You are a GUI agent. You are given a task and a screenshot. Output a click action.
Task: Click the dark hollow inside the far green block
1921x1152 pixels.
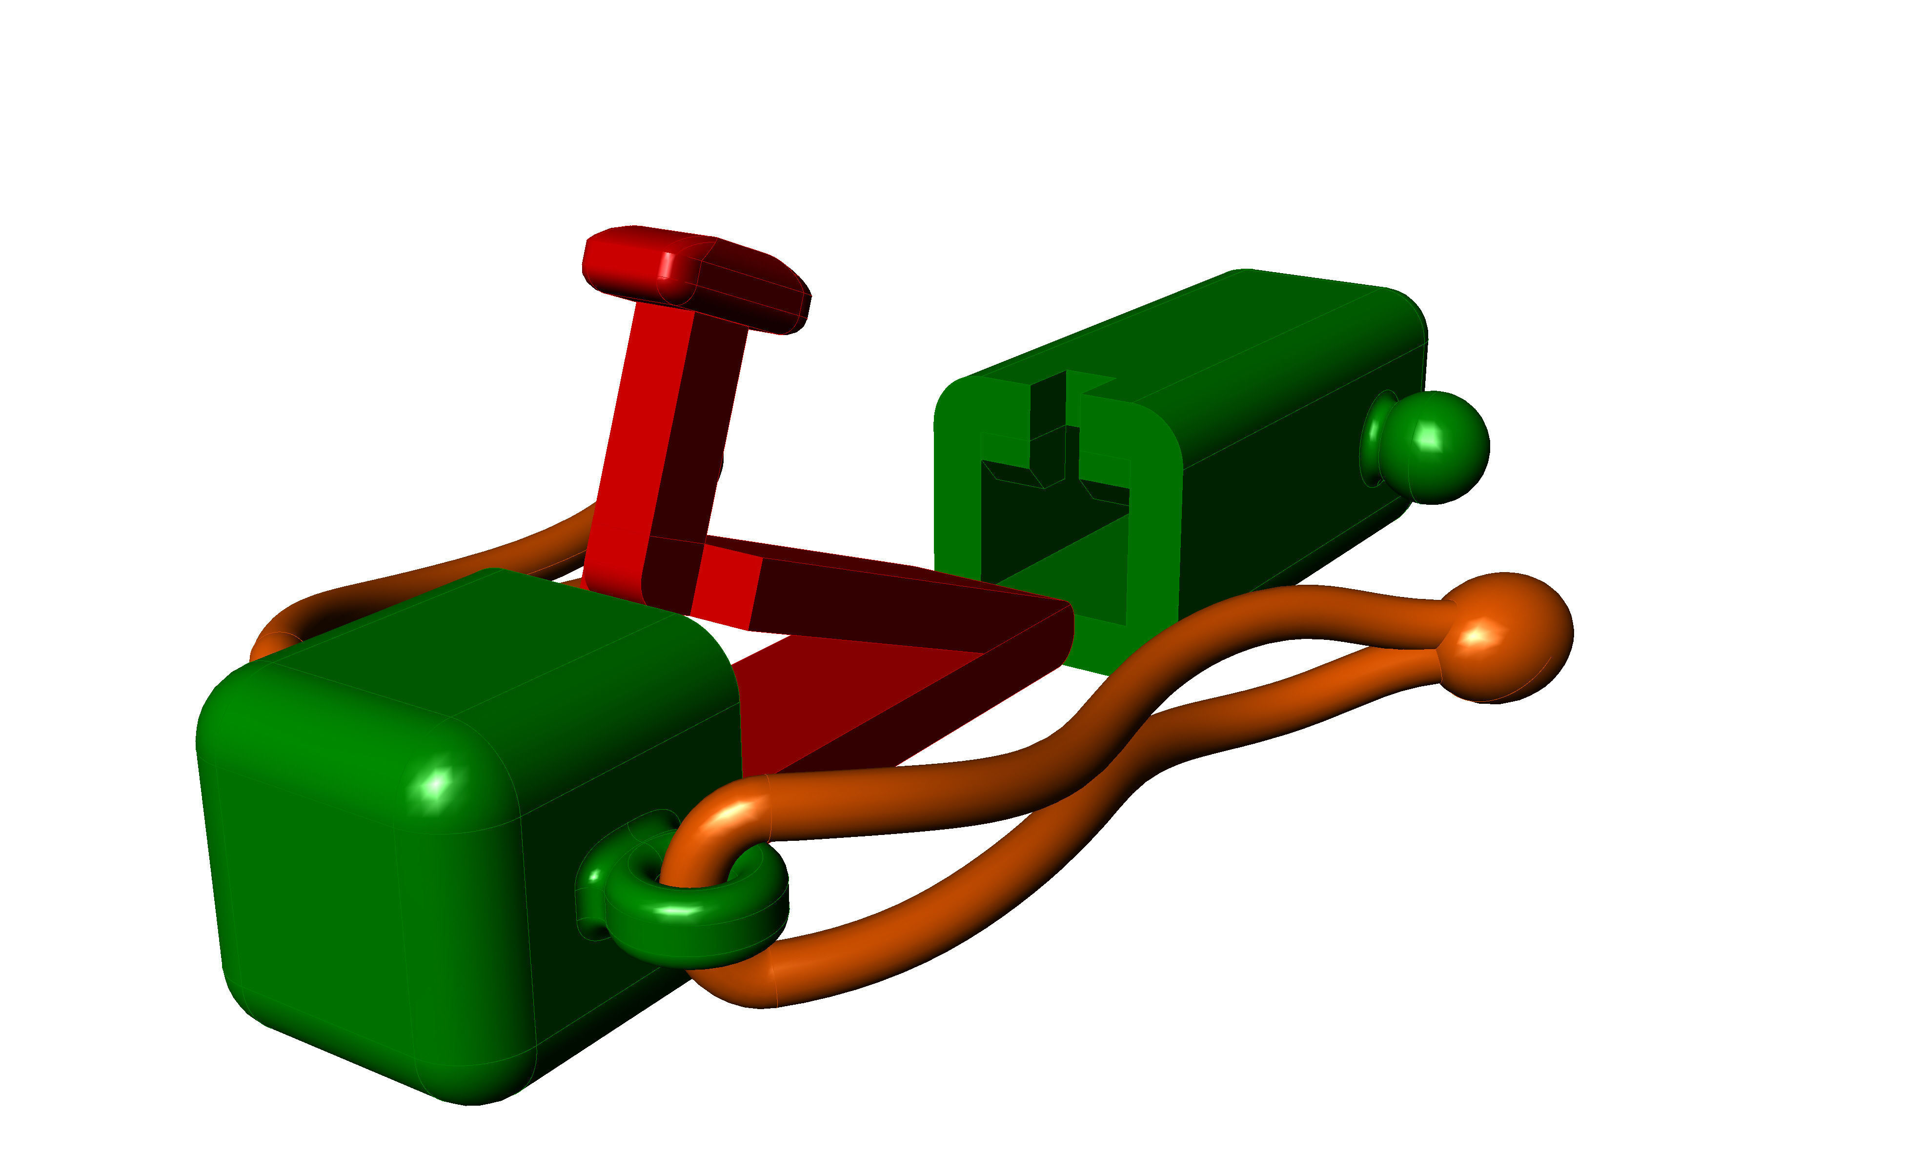click(x=1048, y=536)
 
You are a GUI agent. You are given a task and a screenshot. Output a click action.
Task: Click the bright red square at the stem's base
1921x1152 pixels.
click(x=726, y=586)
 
